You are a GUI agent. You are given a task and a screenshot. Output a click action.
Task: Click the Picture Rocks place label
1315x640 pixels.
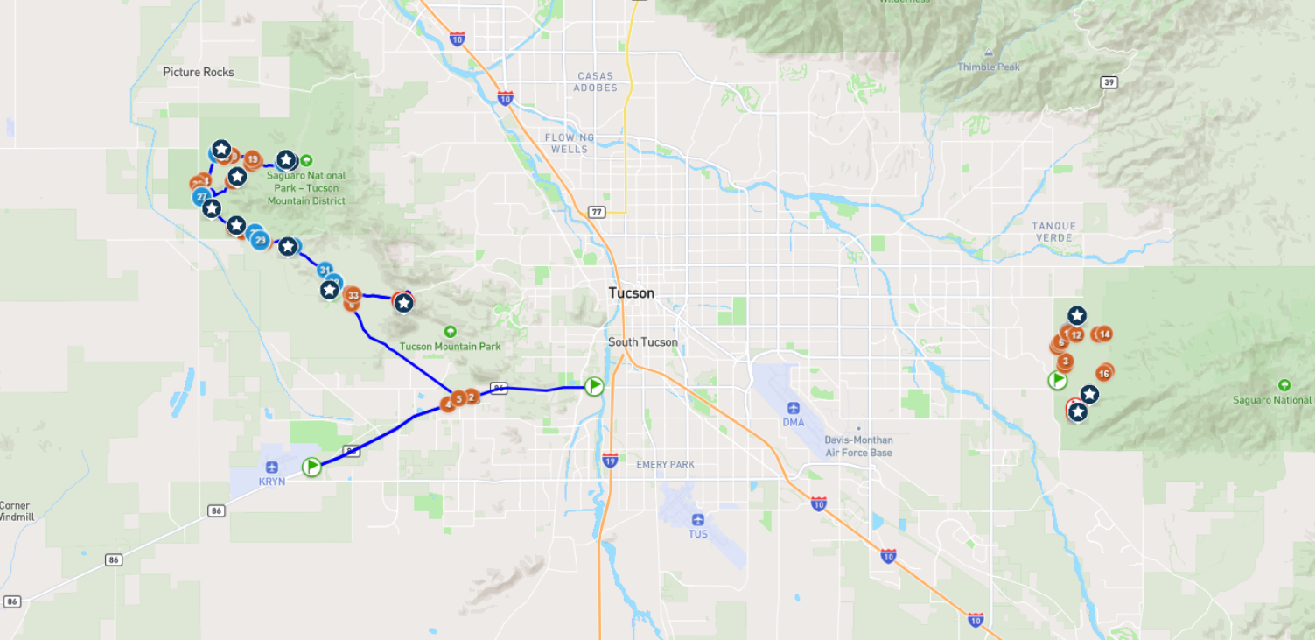pyautogui.click(x=199, y=72)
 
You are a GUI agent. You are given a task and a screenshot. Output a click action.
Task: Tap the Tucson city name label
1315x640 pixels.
pyautogui.click(x=632, y=293)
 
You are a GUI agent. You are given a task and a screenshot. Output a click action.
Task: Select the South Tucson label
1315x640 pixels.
pyautogui.click(x=643, y=342)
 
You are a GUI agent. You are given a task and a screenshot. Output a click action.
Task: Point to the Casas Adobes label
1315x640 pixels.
pyautogui.click(x=596, y=81)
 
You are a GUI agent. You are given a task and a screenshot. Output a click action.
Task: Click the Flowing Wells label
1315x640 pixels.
pyautogui.click(x=570, y=144)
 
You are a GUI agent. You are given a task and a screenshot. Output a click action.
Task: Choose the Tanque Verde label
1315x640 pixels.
pyautogui.click(x=1054, y=232)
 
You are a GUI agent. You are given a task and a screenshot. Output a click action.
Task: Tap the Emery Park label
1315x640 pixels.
pyautogui.click(x=665, y=464)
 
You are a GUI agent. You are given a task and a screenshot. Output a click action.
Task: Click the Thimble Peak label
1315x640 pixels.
pyautogui.click(x=989, y=67)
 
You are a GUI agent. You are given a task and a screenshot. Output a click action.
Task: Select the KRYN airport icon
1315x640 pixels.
pyautogui.click(x=272, y=467)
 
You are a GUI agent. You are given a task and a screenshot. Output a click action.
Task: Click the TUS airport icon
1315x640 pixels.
pyautogui.click(x=697, y=520)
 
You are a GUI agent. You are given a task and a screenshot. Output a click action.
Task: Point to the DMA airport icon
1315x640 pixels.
pyautogui.click(x=793, y=408)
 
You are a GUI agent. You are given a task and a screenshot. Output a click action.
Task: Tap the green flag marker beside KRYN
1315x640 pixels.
pyautogui.click(x=312, y=467)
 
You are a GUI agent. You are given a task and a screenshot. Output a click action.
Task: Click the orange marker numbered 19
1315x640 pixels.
pyautogui.click(x=252, y=159)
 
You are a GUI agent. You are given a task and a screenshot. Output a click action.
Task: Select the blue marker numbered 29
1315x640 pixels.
pyautogui.click(x=260, y=240)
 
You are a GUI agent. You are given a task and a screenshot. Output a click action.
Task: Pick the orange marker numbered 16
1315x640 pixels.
pyautogui.click(x=1103, y=374)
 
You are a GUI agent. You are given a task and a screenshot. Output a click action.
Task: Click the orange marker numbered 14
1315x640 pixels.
pyautogui.click(x=1104, y=334)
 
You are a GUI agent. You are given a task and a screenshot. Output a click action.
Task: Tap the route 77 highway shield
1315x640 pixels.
pyautogui.click(x=596, y=212)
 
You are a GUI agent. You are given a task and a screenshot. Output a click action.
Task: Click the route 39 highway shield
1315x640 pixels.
pyautogui.click(x=1109, y=82)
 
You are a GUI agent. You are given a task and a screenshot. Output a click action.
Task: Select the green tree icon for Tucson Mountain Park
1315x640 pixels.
pyautogui.click(x=450, y=332)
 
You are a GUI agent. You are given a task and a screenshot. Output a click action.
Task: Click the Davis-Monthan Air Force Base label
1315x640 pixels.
pyautogui.click(x=858, y=447)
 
